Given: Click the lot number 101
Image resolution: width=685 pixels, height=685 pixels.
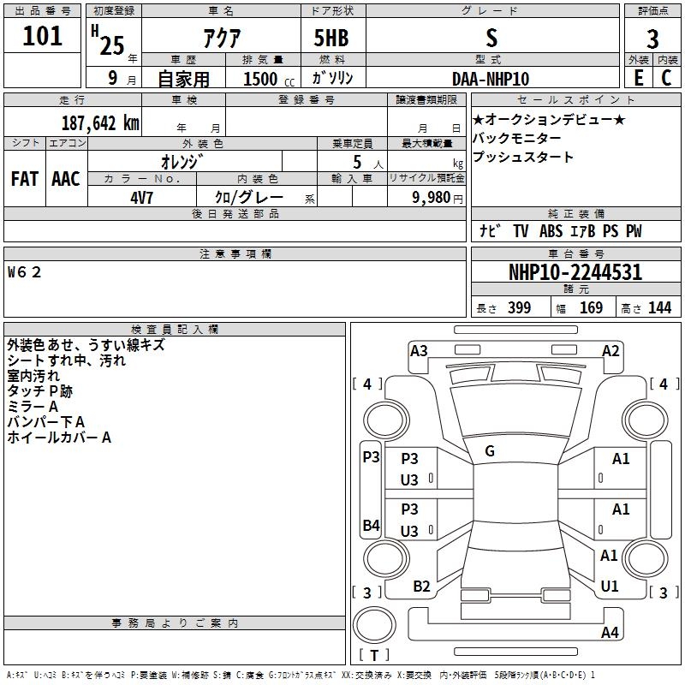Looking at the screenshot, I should [43, 36].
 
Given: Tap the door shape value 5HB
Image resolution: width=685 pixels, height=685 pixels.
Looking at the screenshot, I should [331, 39].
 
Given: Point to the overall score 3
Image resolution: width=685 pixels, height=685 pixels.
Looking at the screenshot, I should [652, 39].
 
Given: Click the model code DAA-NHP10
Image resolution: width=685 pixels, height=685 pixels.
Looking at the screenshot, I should [491, 79].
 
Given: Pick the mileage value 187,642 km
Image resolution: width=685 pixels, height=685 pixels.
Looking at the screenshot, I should [100, 122].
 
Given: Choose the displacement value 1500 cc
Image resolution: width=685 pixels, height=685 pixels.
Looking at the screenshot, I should [260, 79].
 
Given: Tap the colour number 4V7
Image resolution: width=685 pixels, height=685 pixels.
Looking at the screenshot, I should [142, 197].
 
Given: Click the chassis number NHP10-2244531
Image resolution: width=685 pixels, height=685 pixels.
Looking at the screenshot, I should [575, 273].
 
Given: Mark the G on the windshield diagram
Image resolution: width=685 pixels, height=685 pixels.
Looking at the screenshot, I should [489, 451].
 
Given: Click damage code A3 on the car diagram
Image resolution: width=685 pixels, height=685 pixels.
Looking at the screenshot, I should [419, 350].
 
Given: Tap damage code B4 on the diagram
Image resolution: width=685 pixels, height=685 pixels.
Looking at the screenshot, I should [370, 525].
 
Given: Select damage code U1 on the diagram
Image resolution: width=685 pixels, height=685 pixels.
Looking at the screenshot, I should [609, 587].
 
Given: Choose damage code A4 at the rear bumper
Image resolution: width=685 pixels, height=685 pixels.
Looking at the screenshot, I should [610, 633].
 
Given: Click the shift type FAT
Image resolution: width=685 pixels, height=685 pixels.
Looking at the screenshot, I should [25, 179].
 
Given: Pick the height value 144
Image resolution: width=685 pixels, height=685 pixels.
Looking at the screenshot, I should [659, 308].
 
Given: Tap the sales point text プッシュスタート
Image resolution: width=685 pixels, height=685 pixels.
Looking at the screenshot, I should [523, 158].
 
